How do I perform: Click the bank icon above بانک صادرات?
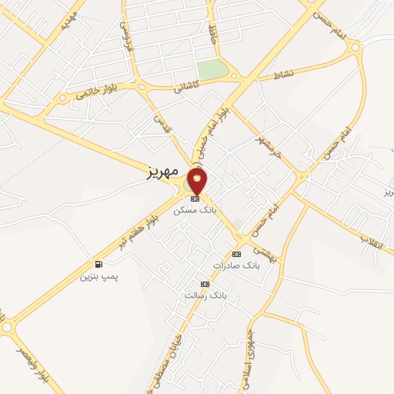234,253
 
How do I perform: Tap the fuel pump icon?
98,263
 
